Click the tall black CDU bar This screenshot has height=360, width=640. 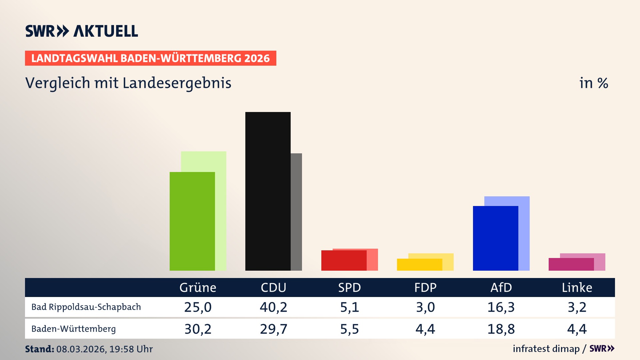pyautogui.click(x=268, y=191)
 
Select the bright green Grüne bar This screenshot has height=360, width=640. pyautogui.click(x=192, y=221)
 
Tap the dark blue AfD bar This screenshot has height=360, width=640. pyautogui.click(x=495, y=238)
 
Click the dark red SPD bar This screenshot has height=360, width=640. pyautogui.click(x=344, y=260)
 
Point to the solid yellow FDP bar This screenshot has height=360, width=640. pyautogui.click(x=419, y=264)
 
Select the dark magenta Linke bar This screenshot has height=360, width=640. pyautogui.click(x=571, y=264)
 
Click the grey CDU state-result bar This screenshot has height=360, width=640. pyautogui.click(x=296, y=212)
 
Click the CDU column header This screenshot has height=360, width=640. pyautogui.click(x=273, y=287)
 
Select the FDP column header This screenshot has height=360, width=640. pyautogui.click(x=425, y=287)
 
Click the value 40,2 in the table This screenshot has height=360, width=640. pyautogui.click(x=273, y=307)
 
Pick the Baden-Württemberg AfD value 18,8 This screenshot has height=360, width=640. pyautogui.click(x=501, y=329)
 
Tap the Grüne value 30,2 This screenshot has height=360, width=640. pyautogui.click(x=198, y=329)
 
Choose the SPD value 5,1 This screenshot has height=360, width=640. pyautogui.click(x=349, y=307)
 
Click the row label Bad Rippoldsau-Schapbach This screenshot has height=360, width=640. pyautogui.click(x=86, y=307)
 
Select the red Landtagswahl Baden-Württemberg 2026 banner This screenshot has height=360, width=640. pyautogui.click(x=150, y=58)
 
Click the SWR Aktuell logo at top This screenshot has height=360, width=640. pyautogui.click(x=81, y=31)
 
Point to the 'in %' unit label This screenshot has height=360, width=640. pyautogui.click(x=593, y=83)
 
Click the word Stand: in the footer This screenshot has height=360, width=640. pyautogui.click(x=39, y=349)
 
